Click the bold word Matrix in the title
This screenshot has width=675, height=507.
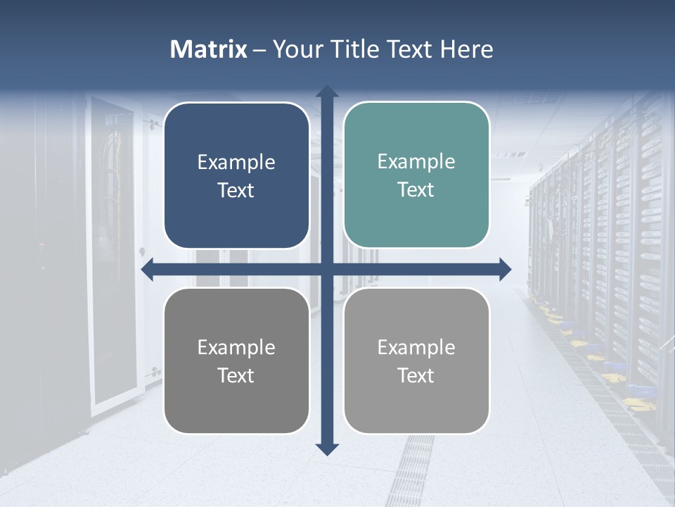(x=209, y=49)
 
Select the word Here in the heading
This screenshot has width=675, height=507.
(x=467, y=49)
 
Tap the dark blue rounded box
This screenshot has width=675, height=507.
(x=236, y=176)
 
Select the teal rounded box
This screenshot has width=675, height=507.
(x=416, y=175)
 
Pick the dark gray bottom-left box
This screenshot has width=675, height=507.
(x=236, y=361)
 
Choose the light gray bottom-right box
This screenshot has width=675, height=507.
(x=416, y=361)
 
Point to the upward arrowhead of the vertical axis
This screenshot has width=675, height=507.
(x=327, y=92)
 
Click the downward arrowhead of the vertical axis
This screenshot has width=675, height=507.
(x=327, y=449)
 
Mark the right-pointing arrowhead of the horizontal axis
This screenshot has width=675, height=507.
(x=504, y=269)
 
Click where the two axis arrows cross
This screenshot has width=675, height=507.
(x=327, y=269)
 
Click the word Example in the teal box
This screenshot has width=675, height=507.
(x=416, y=161)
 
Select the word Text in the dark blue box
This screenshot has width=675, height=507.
(x=236, y=191)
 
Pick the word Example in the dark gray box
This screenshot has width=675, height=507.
(x=236, y=347)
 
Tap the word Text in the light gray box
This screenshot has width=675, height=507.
(x=416, y=376)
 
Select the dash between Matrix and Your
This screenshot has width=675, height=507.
(x=259, y=50)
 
